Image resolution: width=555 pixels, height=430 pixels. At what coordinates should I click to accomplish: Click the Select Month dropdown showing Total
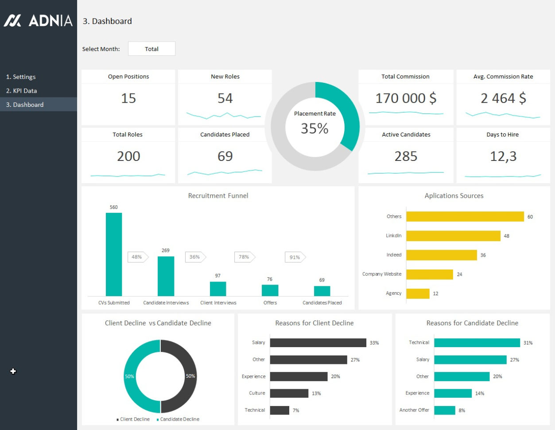pyautogui.click(x=151, y=49)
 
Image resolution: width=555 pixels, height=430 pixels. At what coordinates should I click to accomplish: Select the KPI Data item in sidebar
pyautogui.click(x=21, y=91)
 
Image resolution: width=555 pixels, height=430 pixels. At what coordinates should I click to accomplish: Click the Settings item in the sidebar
pyautogui.click(x=21, y=77)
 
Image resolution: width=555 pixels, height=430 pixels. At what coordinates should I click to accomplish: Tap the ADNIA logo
pyautogui.click(x=38, y=20)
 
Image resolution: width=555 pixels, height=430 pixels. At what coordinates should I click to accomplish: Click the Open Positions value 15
pyautogui.click(x=128, y=98)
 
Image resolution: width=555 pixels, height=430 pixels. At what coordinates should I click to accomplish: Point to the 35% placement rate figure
pyautogui.click(x=314, y=129)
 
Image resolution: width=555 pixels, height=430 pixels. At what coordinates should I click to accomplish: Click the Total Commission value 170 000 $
pyautogui.click(x=406, y=98)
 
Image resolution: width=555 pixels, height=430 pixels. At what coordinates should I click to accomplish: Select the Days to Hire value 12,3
pyautogui.click(x=503, y=156)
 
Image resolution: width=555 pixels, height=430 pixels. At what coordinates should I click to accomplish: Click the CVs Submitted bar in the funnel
pyautogui.click(x=114, y=254)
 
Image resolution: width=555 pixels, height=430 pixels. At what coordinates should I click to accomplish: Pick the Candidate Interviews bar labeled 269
pyautogui.click(x=166, y=276)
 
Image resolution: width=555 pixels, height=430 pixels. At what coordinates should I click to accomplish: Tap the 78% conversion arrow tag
pyautogui.click(x=245, y=257)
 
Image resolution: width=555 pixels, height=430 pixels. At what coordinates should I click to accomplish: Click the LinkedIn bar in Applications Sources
pyautogui.click(x=453, y=236)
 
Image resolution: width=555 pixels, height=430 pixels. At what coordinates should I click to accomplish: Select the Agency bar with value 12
pyautogui.click(x=418, y=293)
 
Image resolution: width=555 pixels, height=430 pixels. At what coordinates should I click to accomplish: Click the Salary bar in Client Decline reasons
pyautogui.click(x=318, y=343)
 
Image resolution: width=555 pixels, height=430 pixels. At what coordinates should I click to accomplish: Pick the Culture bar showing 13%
pyautogui.click(x=289, y=393)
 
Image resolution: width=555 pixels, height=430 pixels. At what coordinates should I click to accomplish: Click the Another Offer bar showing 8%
pyautogui.click(x=444, y=410)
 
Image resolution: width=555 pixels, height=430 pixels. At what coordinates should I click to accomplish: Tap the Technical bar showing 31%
pyautogui.click(x=477, y=343)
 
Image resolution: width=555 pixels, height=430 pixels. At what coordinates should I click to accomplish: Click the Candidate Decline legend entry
pyautogui.click(x=178, y=419)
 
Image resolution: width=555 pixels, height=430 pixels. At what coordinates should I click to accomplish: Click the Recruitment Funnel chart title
pyautogui.click(x=218, y=196)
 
